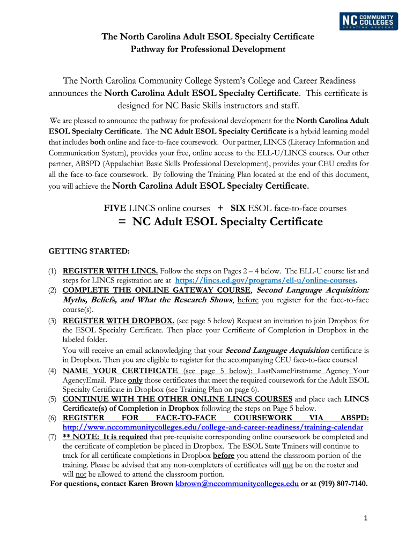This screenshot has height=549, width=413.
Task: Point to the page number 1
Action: [x=365, y=518]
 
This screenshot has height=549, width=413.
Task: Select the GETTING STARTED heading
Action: [x=89, y=250]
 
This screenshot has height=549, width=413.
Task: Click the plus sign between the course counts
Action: [x=220, y=207]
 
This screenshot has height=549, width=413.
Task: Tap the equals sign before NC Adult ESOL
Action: [x=124, y=221]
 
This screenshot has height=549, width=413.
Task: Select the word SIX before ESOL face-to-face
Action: [x=238, y=208]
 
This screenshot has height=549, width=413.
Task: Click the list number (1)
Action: [x=53, y=271]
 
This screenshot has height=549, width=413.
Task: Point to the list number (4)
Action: [x=53, y=371]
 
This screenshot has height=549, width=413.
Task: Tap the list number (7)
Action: [x=53, y=437]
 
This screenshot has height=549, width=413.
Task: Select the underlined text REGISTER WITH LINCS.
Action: [x=110, y=271]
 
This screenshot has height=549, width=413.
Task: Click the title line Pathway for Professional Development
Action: [x=208, y=49]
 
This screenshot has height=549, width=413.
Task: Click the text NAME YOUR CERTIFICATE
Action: [x=120, y=371]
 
